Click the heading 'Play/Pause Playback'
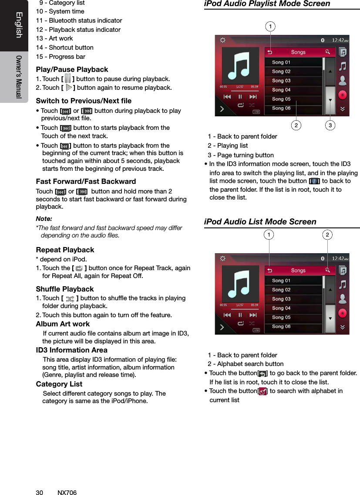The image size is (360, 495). pyautogui.click(x=72, y=70)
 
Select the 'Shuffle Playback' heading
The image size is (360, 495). pyautogui.click(x=65, y=289)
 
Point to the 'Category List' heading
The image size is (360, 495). pyautogui.click(x=59, y=384)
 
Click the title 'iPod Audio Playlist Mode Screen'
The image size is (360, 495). pyautogui.click(x=267, y=4)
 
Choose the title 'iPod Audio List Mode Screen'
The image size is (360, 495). pyautogui.click(x=260, y=222)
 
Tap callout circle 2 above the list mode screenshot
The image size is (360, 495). pyautogui.click(x=327, y=235)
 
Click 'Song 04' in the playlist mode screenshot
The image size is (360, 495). pyautogui.click(x=281, y=90)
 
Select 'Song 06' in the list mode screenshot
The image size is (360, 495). pyautogui.click(x=281, y=326)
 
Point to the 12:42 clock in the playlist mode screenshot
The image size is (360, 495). pyautogui.click(x=340, y=40)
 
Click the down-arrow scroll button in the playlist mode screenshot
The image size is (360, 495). pyautogui.click(x=330, y=100)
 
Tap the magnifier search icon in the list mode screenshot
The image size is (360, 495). pyautogui.click(x=327, y=270)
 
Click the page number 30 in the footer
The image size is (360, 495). pyautogui.click(x=39, y=492)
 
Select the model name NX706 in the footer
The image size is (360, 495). pyautogui.click(x=67, y=492)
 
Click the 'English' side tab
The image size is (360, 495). pyautogui.click(x=19, y=25)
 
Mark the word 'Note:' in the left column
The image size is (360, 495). pyautogui.click(x=44, y=218)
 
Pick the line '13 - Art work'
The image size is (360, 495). pyautogui.click(x=54, y=38)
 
